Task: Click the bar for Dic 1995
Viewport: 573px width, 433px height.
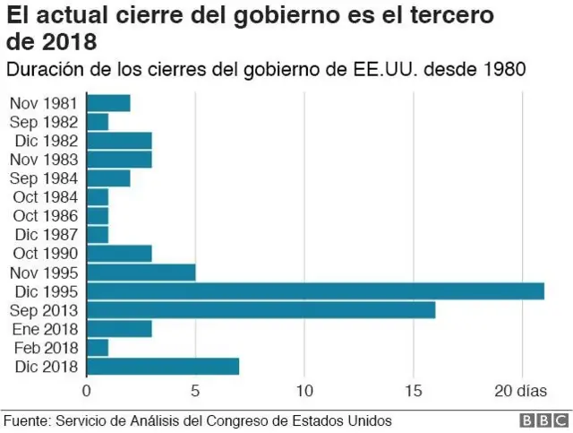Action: click(315, 291)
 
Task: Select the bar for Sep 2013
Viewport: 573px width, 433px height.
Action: click(261, 310)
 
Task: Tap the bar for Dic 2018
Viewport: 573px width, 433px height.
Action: click(163, 367)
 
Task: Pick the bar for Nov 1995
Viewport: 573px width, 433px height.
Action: click(141, 273)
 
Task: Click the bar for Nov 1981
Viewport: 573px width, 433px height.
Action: click(108, 103)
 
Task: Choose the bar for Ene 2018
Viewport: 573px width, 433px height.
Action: click(119, 329)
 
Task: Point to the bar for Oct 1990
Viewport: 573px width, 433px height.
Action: click(119, 254)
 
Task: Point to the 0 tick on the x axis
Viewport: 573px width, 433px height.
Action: click(87, 391)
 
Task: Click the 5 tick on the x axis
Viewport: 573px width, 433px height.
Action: click(195, 391)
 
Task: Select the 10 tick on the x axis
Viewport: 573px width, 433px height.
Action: click(304, 391)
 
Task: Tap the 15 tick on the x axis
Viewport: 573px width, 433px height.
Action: click(414, 391)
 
